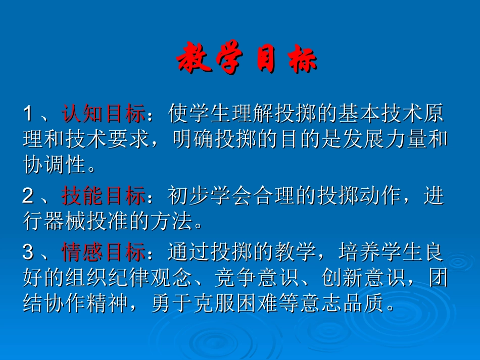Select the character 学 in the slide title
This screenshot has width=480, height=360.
(x=230, y=60)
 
